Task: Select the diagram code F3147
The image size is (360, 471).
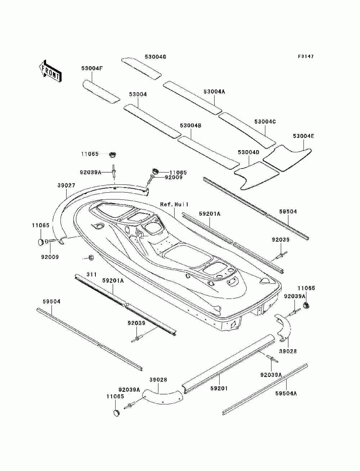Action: tap(306, 57)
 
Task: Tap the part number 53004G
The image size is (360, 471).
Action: tap(155, 57)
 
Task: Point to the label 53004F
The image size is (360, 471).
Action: tap(92, 68)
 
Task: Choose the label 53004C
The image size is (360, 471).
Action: tap(265, 122)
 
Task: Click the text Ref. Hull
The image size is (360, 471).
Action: tap(175, 205)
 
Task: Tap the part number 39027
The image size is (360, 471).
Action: tap(66, 185)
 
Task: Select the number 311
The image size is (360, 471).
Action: tap(91, 274)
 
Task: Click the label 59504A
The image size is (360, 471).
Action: tap(286, 393)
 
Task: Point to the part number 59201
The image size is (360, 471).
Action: tap(219, 388)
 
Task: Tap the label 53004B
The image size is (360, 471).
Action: tap(190, 126)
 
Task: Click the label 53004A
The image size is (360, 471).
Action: tap(214, 91)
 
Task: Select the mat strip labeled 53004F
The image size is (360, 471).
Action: tap(101, 91)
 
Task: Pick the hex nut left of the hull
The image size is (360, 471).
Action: tap(90, 257)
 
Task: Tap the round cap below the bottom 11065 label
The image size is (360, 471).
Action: tap(117, 413)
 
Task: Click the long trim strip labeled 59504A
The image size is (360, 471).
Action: tap(265, 390)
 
